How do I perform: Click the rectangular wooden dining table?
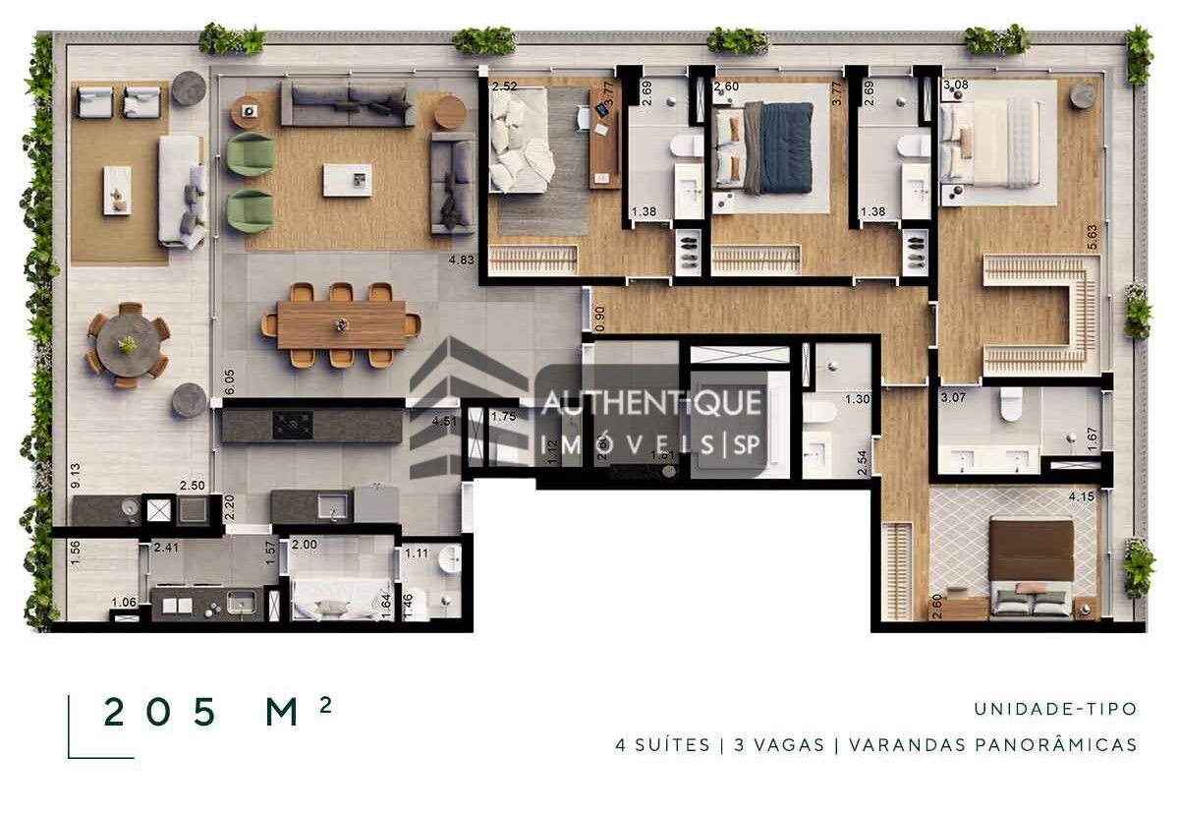click(x=341, y=324)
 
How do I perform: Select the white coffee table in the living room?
click(x=348, y=180)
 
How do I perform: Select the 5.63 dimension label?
click(x=1091, y=235)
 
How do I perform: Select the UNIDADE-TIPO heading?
click(x=1055, y=709)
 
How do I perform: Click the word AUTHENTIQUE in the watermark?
click(x=651, y=403)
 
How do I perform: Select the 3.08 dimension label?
click(x=955, y=87)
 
